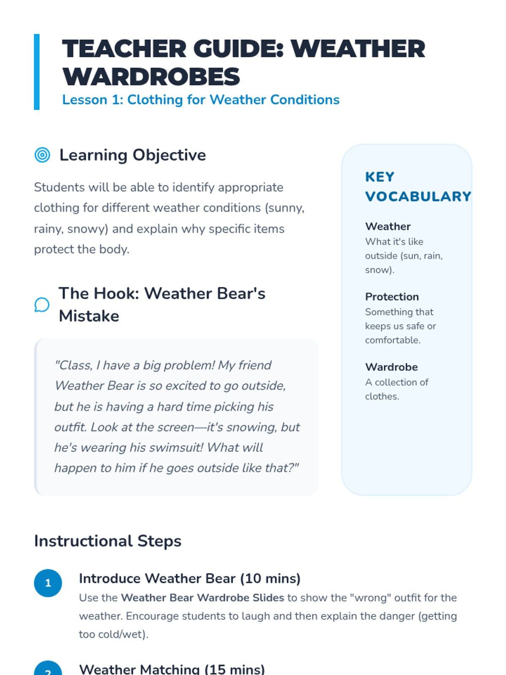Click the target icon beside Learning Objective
[x=42, y=155]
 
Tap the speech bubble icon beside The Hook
[x=42, y=305]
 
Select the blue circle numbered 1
[x=48, y=583]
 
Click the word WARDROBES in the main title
[x=151, y=77]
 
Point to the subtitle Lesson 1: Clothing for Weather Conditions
[x=201, y=100]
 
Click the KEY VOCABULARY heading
[x=417, y=186]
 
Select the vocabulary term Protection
[x=392, y=297]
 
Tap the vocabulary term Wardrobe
[x=391, y=367]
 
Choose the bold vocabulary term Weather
[x=388, y=227]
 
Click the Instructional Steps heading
[x=108, y=541]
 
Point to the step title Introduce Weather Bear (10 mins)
[x=189, y=578]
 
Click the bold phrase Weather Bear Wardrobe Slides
[x=202, y=598]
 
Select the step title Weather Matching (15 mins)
[x=172, y=669]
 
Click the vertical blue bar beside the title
[x=37, y=72]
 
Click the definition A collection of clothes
[x=396, y=389]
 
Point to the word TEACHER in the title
[x=124, y=49]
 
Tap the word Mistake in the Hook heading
[x=89, y=316]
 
